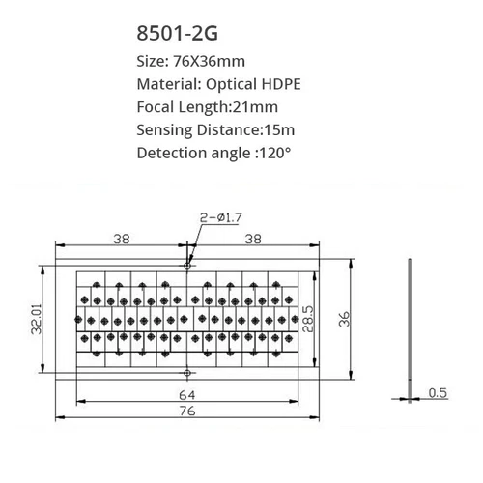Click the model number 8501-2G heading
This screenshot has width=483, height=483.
click(179, 34)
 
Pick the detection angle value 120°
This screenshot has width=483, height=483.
click(270, 154)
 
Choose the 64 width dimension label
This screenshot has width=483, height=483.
click(186, 394)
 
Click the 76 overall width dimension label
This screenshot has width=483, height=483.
click(186, 412)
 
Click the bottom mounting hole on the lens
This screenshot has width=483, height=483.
click(188, 372)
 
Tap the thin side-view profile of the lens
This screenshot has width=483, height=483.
click(412, 319)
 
